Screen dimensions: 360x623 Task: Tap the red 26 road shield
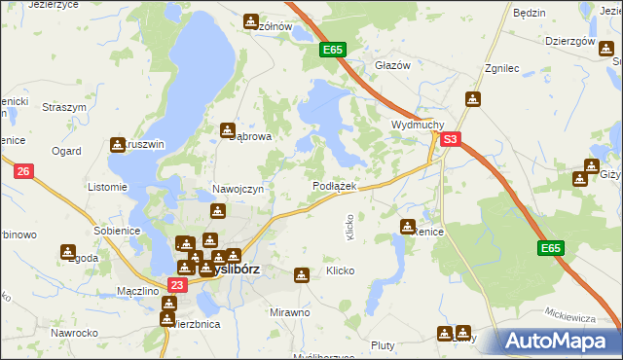25,171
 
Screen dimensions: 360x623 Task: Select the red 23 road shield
176,284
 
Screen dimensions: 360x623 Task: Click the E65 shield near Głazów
333,49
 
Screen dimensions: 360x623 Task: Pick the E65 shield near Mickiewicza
551,249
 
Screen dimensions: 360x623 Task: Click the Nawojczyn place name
238,189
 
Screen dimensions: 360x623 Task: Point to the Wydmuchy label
418,126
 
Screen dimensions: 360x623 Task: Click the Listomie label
107,186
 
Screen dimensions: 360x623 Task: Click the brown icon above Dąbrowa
228,129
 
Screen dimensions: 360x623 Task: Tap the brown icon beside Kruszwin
119,144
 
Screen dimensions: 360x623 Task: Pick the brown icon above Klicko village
302,275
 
